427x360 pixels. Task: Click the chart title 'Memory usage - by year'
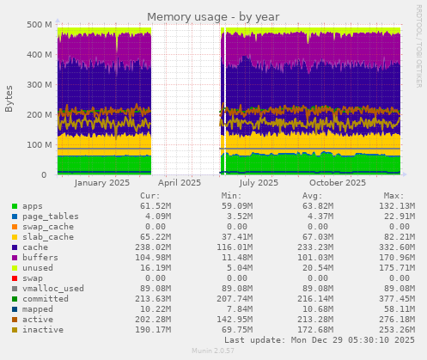213,16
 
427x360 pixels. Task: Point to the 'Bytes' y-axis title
9,99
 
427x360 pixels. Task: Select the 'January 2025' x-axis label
102,182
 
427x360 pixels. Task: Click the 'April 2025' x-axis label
180,182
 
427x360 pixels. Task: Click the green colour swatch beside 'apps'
15,206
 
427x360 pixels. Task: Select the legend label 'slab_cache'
49,237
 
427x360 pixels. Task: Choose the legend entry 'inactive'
44,330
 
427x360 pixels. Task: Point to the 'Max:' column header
393,195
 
